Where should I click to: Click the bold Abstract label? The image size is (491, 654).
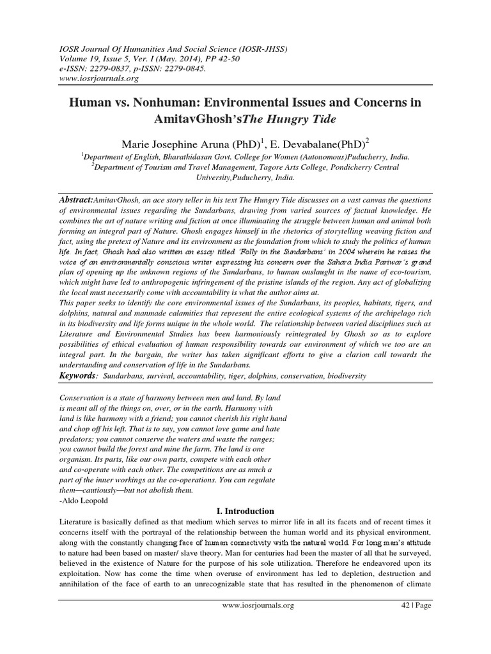(75, 200)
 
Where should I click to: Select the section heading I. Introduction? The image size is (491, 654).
(245, 511)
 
